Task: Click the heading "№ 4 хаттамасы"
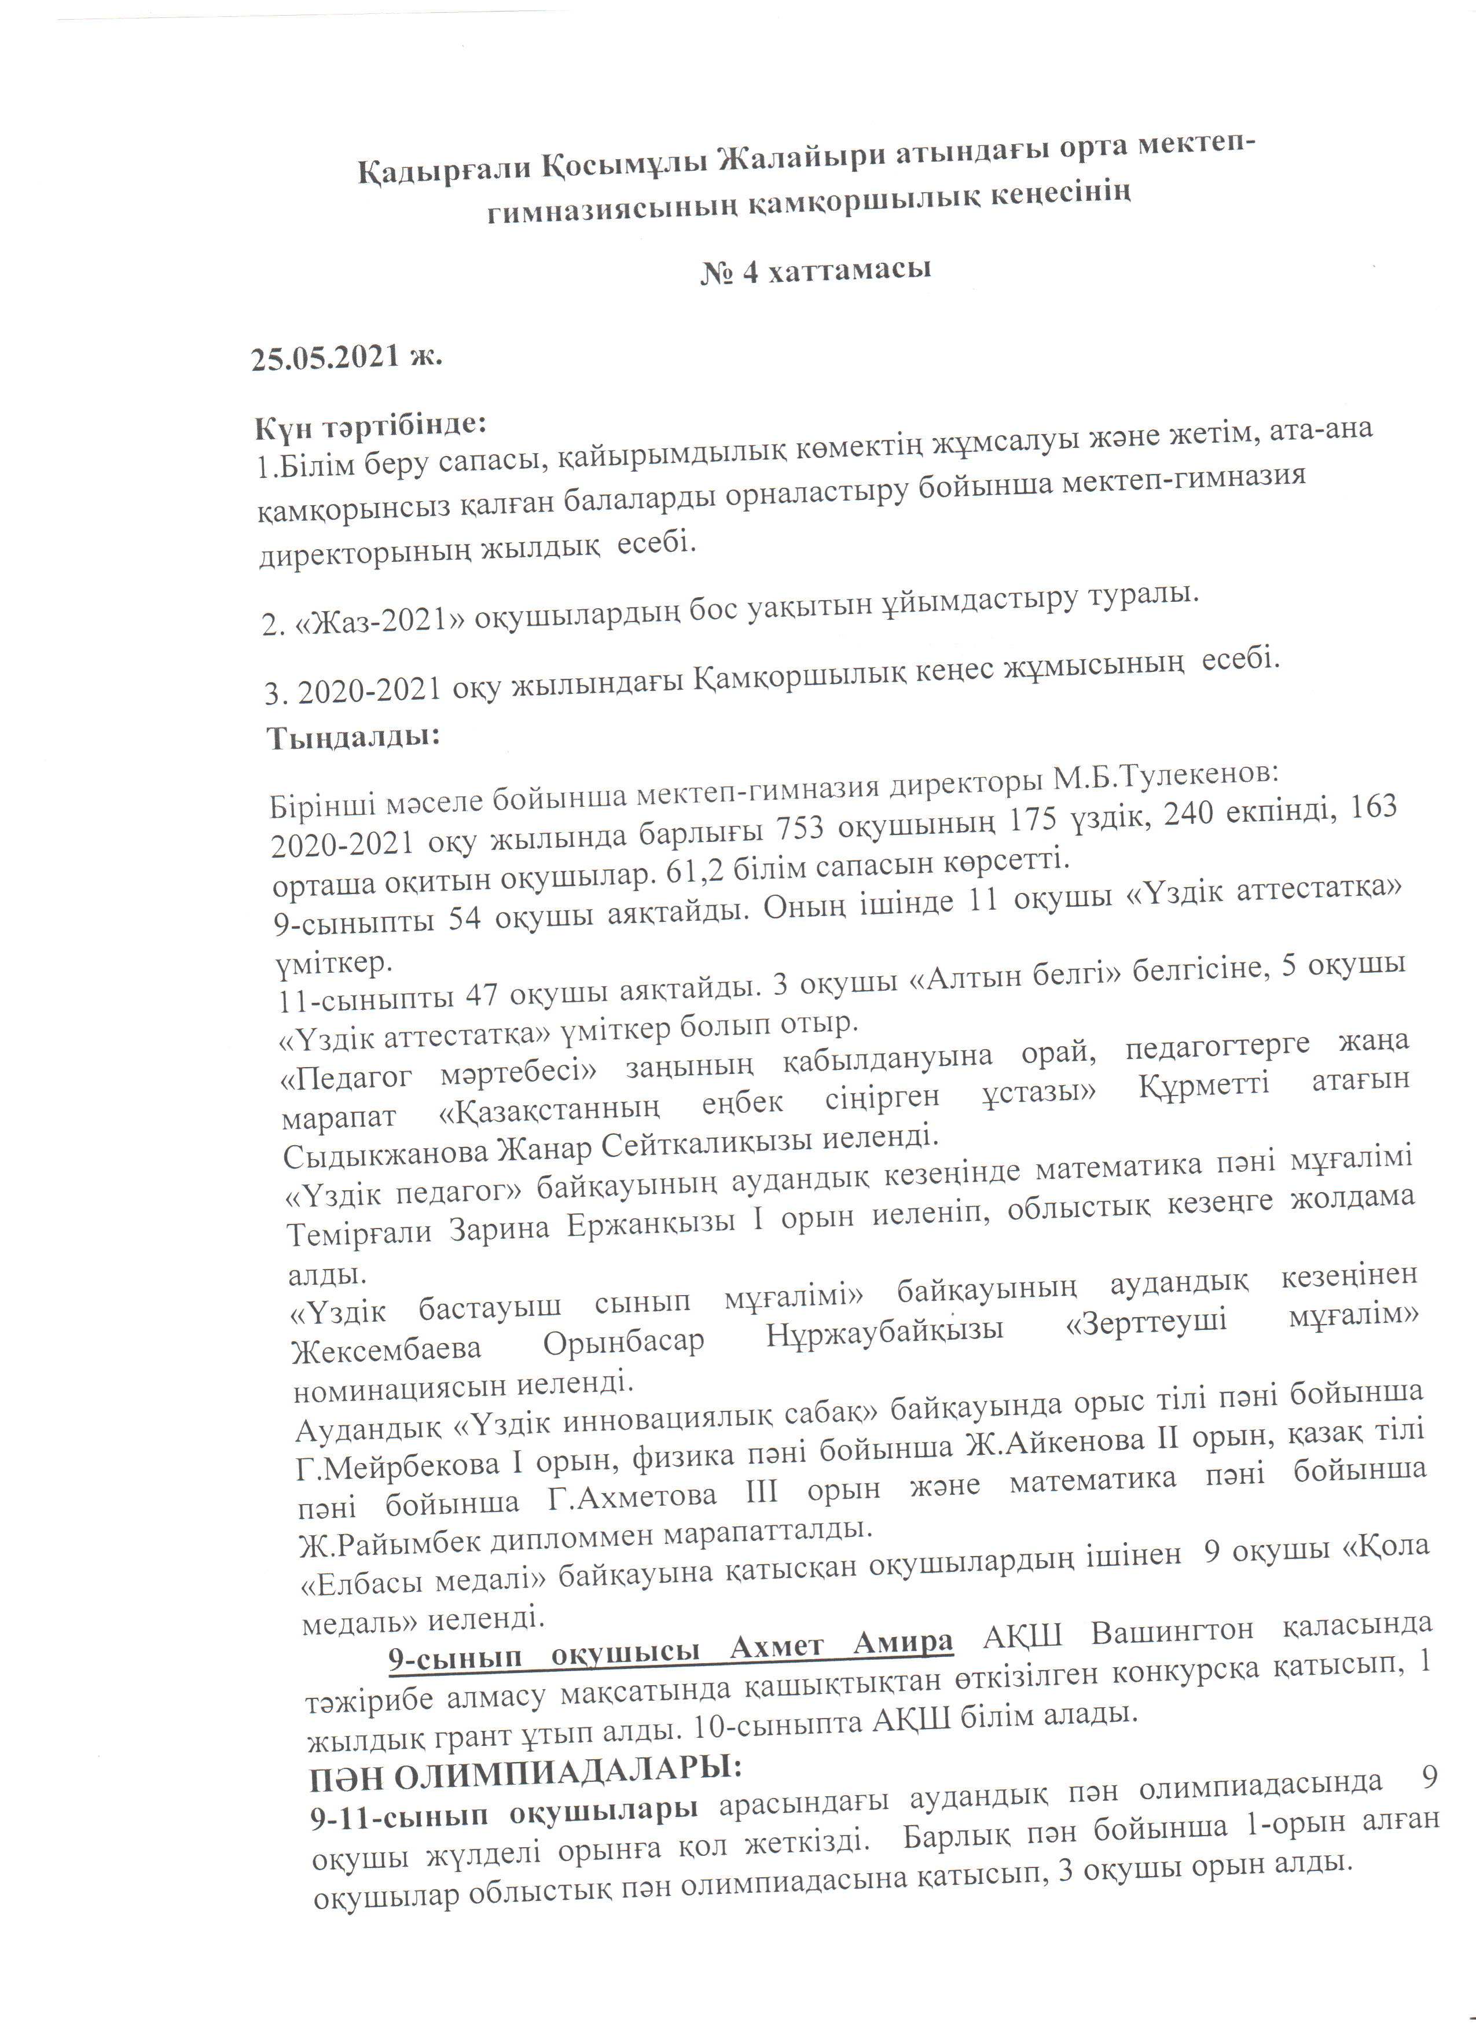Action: pos(816,270)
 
